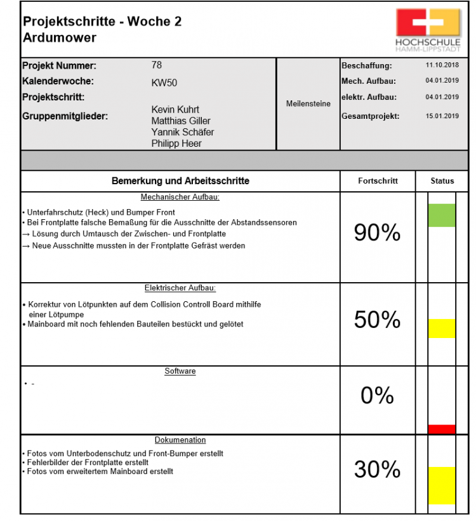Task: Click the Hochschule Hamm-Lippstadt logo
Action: point(427,29)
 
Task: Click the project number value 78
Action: point(157,65)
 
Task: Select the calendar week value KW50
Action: point(164,82)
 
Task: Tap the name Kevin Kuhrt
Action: point(176,109)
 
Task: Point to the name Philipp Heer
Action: point(176,144)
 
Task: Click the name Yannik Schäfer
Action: point(182,132)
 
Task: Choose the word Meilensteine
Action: point(308,104)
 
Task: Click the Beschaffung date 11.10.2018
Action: point(442,65)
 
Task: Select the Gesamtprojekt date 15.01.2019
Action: point(442,116)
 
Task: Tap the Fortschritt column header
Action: point(378,181)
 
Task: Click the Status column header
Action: point(442,181)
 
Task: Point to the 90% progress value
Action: point(377,233)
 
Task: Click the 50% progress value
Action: point(377,320)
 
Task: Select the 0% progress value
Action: point(377,396)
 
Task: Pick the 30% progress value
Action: point(377,470)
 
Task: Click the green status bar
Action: point(442,215)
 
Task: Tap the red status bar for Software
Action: point(442,430)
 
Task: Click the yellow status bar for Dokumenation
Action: point(442,486)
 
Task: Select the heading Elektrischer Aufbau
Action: point(180,288)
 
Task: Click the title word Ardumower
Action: point(60,37)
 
